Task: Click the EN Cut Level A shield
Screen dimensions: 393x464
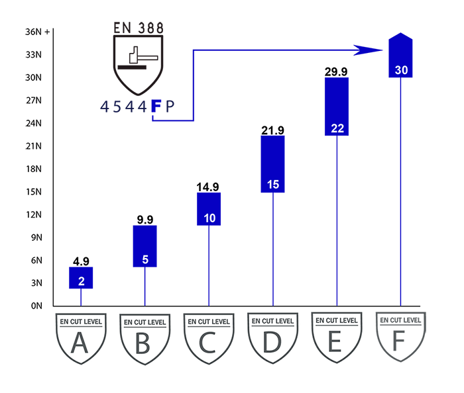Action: tap(80, 337)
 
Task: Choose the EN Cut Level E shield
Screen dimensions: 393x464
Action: tap(336, 337)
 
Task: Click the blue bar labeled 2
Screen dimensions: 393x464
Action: tap(81, 278)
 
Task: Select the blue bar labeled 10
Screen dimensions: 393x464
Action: tap(209, 209)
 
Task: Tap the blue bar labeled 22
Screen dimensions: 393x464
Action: tap(337, 107)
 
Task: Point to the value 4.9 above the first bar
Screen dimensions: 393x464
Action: tap(81, 261)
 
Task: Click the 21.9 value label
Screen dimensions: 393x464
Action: tap(272, 130)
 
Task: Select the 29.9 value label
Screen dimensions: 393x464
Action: tap(337, 71)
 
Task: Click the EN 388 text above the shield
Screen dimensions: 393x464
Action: tap(138, 28)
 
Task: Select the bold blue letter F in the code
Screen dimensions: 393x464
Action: tap(156, 106)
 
